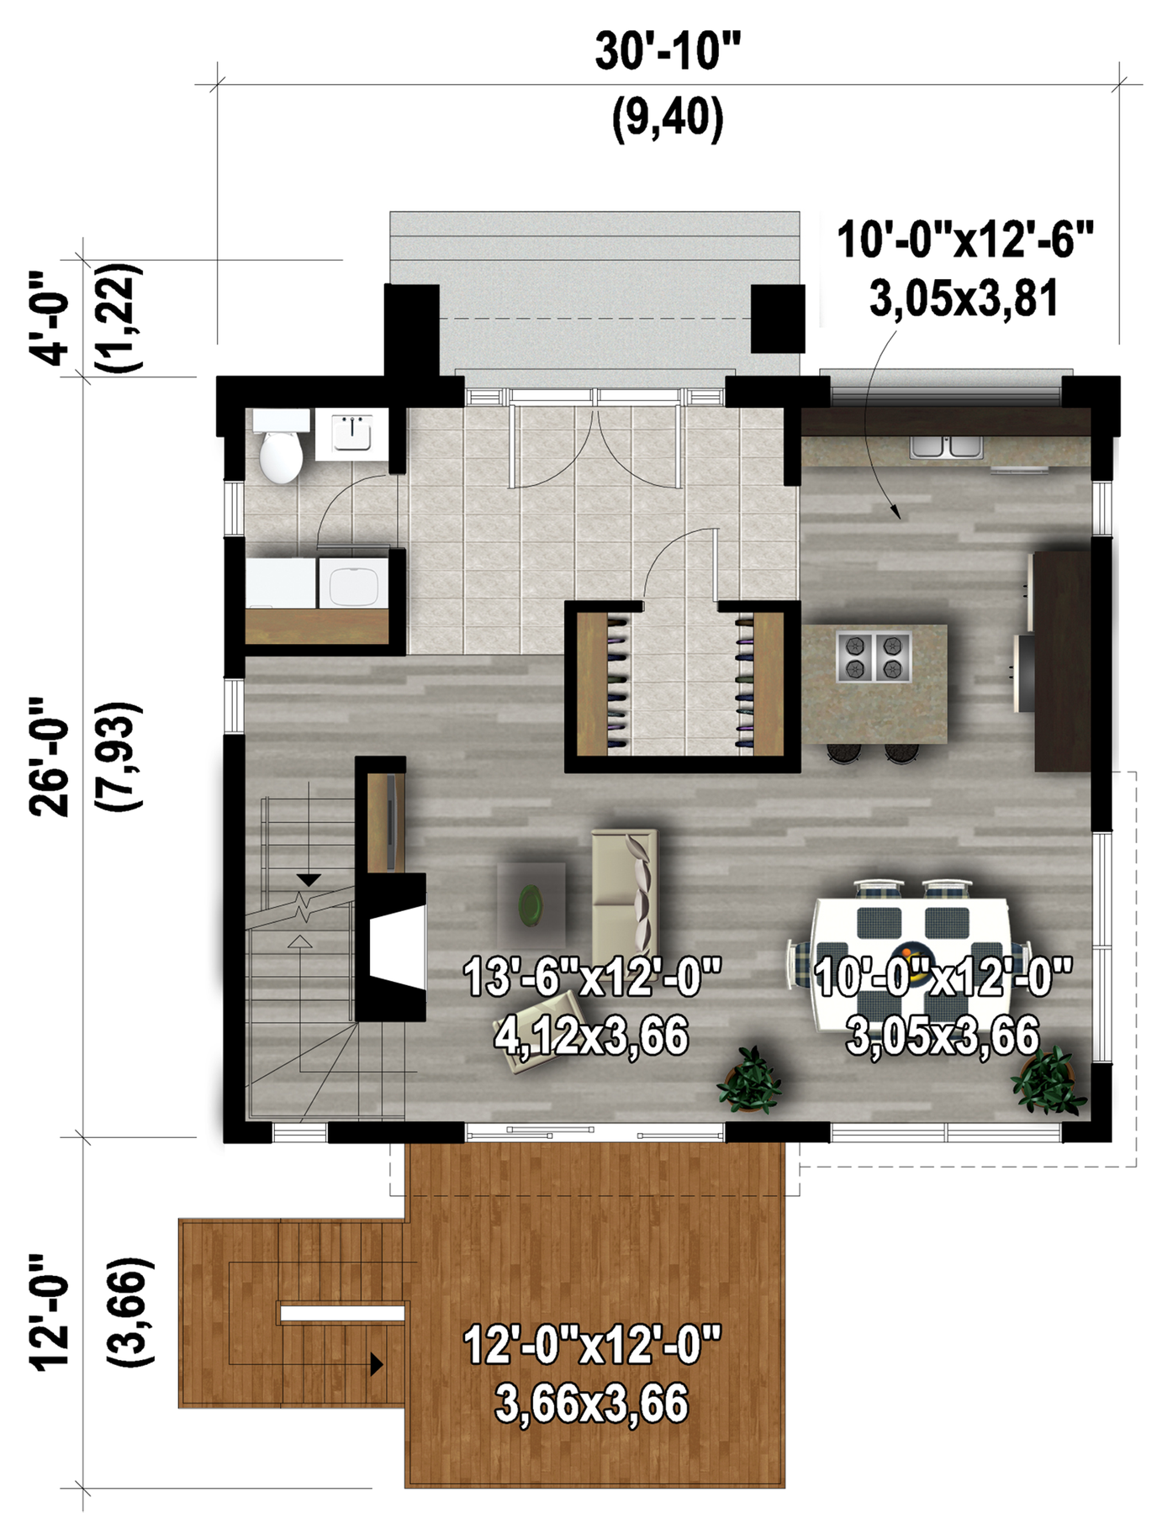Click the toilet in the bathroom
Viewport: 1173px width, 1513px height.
(x=280, y=446)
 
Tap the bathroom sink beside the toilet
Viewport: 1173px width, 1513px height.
(x=352, y=434)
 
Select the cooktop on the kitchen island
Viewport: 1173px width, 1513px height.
(x=874, y=656)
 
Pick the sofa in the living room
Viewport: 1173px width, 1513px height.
(x=625, y=894)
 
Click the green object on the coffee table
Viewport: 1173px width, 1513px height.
(x=531, y=904)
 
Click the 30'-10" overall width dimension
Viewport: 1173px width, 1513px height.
(x=668, y=51)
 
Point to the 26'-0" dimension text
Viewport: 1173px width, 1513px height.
(x=49, y=756)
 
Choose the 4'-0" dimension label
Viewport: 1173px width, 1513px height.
(x=49, y=318)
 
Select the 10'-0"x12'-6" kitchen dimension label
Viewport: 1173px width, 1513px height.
(x=965, y=240)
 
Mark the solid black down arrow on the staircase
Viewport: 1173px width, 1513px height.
(x=309, y=880)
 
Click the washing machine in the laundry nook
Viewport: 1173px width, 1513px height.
(x=354, y=580)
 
